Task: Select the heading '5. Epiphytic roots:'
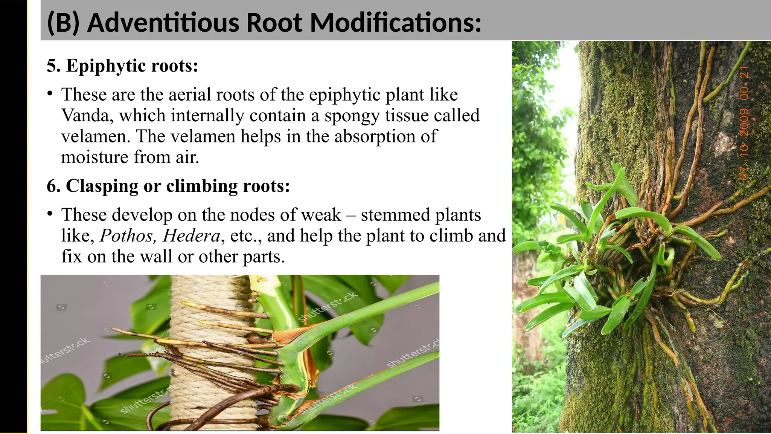click(122, 66)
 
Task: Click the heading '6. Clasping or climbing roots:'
click(168, 186)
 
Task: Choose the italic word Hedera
click(191, 236)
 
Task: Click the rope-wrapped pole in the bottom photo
click(211, 350)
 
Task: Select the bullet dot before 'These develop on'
click(50, 213)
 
